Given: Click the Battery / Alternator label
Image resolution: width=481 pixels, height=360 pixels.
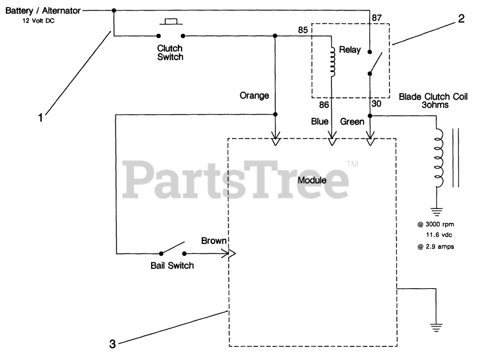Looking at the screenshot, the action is pos(43,11).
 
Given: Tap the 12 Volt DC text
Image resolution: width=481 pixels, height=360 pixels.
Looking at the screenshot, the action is pos(38,21).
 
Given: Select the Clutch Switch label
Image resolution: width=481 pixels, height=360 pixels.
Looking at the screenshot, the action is pos(170,53).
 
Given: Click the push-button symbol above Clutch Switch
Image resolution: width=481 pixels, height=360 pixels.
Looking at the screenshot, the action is pos(171,22).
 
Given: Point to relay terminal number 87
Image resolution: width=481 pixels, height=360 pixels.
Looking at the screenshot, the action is pos(377,18).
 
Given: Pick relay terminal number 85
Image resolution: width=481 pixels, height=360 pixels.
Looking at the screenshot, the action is pos(303,30).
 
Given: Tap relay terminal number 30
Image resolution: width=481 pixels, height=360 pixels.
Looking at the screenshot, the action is pos(376,104).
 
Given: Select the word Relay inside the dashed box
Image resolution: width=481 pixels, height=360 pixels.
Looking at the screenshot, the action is pos(349,50).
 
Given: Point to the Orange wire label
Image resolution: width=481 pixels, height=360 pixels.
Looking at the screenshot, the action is pos(254,95).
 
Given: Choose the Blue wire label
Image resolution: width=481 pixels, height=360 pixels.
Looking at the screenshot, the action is pos(319,121).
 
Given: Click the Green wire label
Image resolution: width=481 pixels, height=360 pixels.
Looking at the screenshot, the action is pos(352,121).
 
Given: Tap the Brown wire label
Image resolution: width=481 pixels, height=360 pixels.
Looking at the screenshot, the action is pos(213,241).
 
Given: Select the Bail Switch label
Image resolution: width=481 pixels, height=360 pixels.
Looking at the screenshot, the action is pos(172,266).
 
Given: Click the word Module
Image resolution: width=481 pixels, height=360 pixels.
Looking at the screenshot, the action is pos(312,180).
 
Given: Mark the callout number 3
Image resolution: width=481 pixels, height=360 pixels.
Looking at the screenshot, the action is pos(112,343).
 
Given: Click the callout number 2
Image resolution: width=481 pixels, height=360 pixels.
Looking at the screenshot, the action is pos(461,18).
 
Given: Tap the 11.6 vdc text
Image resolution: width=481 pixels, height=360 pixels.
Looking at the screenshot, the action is pos(439,235).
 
